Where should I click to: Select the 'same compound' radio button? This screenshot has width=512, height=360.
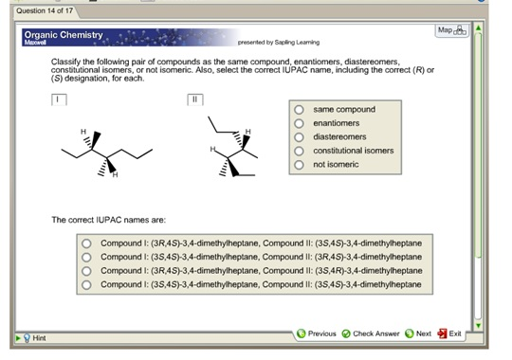(299, 110)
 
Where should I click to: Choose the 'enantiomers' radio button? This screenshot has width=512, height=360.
(299, 123)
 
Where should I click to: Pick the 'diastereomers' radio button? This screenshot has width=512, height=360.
(299, 137)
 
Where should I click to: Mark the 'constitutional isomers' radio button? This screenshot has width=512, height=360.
(299, 151)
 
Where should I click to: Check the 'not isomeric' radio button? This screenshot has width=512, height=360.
(299, 165)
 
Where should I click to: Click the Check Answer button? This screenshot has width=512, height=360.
(371, 333)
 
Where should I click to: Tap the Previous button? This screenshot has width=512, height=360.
(317, 333)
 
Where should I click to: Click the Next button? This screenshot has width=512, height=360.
(418, 333)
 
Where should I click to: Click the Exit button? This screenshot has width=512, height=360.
(450, 333)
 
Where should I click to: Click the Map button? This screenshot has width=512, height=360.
(452, 30)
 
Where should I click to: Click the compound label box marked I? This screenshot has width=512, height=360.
(59, 99)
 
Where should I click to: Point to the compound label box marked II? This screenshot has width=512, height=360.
(195, 99)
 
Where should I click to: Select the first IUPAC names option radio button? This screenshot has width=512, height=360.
(86, 243)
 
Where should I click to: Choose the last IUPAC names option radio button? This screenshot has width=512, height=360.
(86, 284)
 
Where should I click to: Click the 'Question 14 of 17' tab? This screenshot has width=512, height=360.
(45, 10)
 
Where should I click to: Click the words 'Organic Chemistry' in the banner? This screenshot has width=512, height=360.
(64, 35)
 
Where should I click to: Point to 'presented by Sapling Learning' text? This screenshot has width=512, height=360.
(279, 42)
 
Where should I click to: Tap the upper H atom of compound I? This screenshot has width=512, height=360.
(83, 131)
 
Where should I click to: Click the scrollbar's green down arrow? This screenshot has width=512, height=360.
(479, 325)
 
